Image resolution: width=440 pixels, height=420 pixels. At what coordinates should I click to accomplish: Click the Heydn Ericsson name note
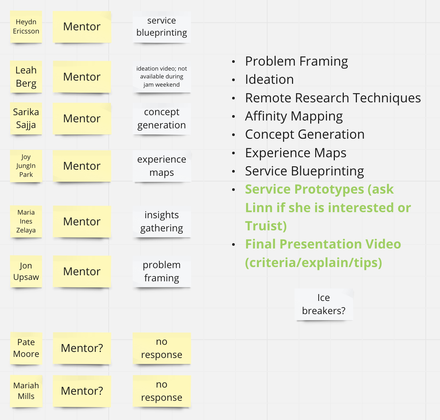(26, 27)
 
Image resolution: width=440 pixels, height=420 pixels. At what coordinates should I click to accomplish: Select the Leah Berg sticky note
(26, 77)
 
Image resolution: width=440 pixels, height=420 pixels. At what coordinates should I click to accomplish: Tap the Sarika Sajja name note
(26, 118)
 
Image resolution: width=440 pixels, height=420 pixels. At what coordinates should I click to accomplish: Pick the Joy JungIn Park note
(26, 166)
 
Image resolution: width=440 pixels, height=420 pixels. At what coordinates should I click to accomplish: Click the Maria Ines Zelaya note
(26, 221)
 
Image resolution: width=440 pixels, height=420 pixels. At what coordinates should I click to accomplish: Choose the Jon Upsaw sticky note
(26, 271)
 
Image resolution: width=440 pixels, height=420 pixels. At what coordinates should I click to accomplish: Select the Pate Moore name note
(26, 348)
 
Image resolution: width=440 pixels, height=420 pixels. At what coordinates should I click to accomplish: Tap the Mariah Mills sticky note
(26, 391)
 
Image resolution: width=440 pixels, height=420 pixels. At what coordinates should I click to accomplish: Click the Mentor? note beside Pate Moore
(82, 348)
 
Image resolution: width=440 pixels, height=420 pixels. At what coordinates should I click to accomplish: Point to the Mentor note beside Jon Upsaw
(82, 271)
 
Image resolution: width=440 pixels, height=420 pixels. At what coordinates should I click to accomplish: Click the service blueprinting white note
(162, 27)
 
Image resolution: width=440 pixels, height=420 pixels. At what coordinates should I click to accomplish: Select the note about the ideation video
(162, 77)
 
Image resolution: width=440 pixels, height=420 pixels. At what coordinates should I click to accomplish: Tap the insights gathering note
(162, 221)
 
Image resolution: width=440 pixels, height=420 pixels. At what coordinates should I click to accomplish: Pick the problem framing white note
(162, 271)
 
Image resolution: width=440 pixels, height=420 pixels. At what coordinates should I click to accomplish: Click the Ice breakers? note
(324, 304)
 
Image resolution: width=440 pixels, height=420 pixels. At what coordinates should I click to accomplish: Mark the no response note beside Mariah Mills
(162, 391)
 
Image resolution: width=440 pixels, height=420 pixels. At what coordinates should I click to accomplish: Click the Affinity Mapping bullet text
(294, 116)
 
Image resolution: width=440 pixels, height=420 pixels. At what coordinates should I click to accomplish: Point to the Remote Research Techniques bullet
(333, 98)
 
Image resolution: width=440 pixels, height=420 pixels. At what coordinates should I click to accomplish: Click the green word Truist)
(266, 226)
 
